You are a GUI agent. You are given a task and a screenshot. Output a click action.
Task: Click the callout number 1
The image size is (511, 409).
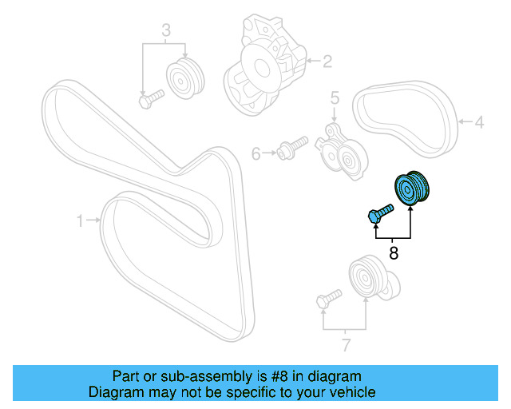tap(80, 219)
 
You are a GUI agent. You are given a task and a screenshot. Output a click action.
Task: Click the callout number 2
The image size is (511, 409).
tap(327, 59)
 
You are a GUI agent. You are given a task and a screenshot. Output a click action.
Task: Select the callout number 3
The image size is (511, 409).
tap(166, 31)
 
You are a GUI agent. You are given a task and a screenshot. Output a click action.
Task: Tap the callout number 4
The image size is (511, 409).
tap(479, 123)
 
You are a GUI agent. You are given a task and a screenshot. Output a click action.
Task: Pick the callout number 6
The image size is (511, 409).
tap(256, 152)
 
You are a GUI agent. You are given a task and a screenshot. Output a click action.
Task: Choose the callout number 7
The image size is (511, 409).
tap(345, 345)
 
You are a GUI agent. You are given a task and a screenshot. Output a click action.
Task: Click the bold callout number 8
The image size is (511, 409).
tap(393, 254)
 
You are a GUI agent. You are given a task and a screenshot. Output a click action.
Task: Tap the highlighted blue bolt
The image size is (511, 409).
tap(381, 213)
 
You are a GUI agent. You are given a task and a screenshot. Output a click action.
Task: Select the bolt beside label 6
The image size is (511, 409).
tap(292, 148)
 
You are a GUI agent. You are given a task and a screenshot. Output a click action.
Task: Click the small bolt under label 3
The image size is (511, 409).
tap(150, 99)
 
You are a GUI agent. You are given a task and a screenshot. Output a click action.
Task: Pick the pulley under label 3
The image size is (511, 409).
tap(185, 77)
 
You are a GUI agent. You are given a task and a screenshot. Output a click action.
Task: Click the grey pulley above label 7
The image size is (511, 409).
tap(367, 279)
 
